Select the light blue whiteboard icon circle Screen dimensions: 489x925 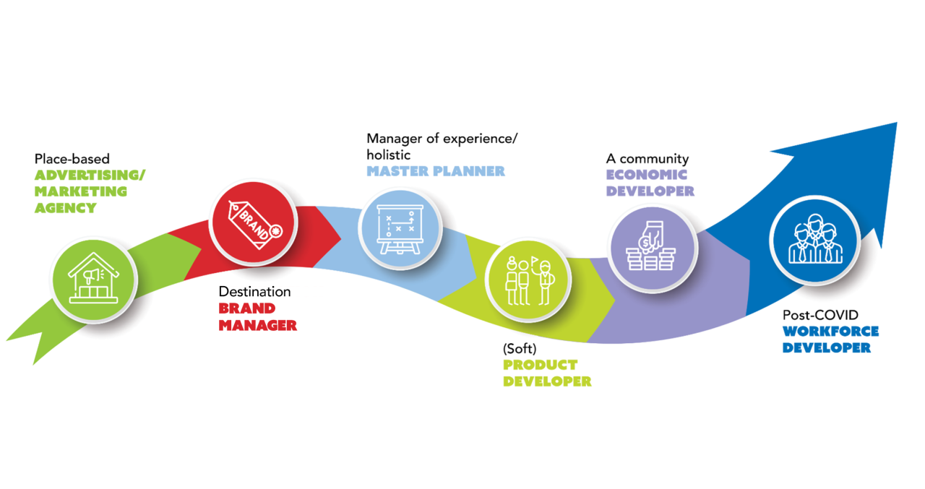(400, 225)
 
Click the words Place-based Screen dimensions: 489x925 (72, 158)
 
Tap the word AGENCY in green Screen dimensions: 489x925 (65, 208)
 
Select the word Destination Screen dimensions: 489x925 (254, 292)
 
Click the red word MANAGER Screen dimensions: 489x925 (257, 326)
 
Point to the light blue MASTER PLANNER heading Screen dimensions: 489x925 (435, 172)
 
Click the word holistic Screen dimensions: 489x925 (388, 155)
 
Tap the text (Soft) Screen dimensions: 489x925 (519, 348)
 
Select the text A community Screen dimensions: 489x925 (647, 158)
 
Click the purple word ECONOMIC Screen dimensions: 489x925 (646, 175)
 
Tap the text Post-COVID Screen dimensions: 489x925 (820, 315)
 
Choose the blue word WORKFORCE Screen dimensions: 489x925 (830, 332)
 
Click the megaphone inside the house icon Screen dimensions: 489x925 (92, 275)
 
